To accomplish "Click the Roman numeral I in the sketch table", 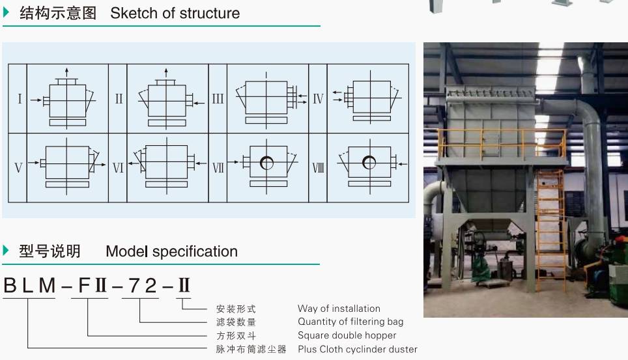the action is (20, 98).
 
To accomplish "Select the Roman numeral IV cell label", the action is (318, 98).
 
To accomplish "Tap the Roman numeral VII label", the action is (218, 167).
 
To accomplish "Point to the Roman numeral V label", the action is (18, 167).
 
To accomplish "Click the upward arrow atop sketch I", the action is (66, 74).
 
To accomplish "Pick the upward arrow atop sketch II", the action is (166, 74).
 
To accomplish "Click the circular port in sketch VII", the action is (266, 163).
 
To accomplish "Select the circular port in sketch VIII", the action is (369, 163).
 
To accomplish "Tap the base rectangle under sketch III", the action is (266, 120).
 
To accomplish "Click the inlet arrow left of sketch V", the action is (34, 163).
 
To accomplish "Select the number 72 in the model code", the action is (143, 286).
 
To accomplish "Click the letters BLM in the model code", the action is (29, 286).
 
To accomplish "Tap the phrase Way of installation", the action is (339, 309).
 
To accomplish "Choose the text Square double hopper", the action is (347, 335).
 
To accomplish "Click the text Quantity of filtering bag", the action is (350, 322).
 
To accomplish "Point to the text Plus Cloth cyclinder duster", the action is (357, 349).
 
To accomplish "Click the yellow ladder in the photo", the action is (550, 230).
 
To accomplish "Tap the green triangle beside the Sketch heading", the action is (6, 12).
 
